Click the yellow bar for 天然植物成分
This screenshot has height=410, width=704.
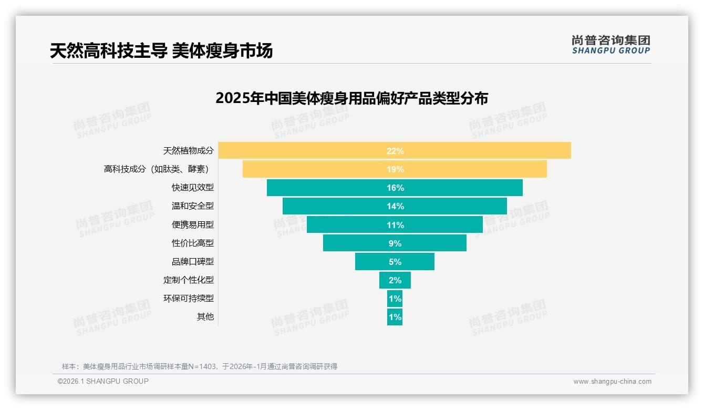[473, 150]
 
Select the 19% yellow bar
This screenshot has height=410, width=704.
[473, 169]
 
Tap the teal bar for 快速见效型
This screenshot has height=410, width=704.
[462, 188]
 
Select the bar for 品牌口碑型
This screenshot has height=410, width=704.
[415, 262]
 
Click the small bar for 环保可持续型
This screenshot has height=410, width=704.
[395, 299]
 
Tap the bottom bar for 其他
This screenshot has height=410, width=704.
[395, 317]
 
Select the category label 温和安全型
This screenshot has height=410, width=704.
[192, 206]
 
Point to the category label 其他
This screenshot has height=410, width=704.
[205, 317]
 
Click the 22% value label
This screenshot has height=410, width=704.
[395, 151]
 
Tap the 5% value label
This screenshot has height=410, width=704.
[395, 262]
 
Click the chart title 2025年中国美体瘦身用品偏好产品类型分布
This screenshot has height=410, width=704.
[351, 98]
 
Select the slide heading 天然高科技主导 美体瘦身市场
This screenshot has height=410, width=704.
[161, 51]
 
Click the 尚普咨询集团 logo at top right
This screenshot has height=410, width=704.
[610, 45]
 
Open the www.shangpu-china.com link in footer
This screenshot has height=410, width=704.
[612, 382]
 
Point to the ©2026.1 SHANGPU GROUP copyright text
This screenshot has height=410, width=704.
[103, 381]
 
